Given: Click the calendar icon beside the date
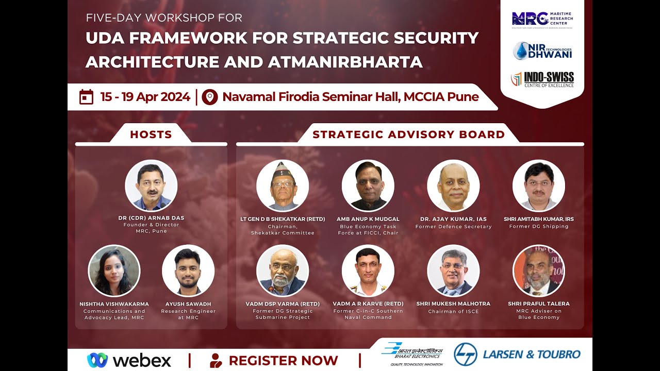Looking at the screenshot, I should click(86, 97).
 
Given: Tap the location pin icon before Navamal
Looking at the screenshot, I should click(209, 97).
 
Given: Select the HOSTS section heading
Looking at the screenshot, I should click(151, 135).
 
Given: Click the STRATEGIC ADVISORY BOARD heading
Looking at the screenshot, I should click(408, 135).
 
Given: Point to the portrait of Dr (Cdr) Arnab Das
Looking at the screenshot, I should click(151, 185).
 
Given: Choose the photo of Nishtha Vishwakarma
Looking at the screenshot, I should click(114, 271).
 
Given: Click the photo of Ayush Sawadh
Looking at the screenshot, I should click(188, 271).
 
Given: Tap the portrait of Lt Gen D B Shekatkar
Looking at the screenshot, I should click(283, 185).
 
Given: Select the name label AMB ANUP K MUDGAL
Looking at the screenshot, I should click(368, 219).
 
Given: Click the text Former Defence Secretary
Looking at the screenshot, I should click(453, 227).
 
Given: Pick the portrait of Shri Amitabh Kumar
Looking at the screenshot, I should click(538, 185).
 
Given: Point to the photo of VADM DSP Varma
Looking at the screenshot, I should click(283, 271).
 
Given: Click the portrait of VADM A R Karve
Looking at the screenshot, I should click(368, 271).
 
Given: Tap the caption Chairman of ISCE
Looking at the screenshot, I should click(453, 312).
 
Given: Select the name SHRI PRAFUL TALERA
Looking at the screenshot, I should click(538, 304).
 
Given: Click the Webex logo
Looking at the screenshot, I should click(129, 360).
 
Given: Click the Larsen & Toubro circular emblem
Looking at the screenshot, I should click(466, 355).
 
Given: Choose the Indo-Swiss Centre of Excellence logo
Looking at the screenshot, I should click(542, 79).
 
